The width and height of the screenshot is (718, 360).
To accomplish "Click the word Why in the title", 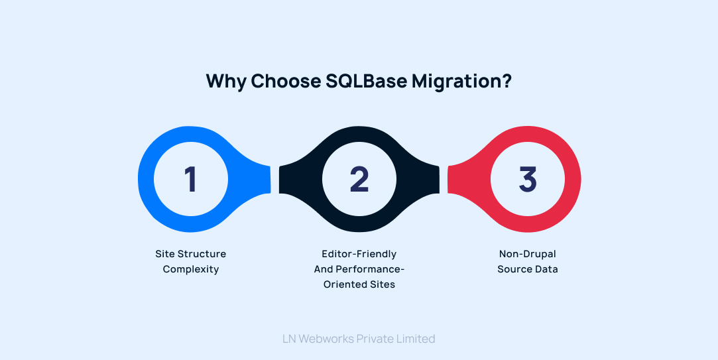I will pyautogui.click(x=225, y=81).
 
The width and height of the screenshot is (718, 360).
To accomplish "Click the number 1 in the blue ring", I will pyautogui.click(x=191, y=179).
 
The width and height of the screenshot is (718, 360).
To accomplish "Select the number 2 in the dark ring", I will pyautogui.click(x=359, y=179).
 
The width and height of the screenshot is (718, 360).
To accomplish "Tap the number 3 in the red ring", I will pyautogui.click(x=528, y=179).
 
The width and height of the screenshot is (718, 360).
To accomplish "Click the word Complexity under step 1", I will pyautogui.click(x=191, y=269).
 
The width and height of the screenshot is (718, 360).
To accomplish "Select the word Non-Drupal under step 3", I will pyautogui.click(x=528, y=254).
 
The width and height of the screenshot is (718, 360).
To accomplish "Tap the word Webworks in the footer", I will pyautogui.click(x=326, y=339).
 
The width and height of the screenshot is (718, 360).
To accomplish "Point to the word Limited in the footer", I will pyautogui.click(x=414, y=339).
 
